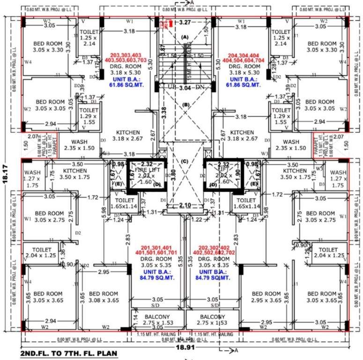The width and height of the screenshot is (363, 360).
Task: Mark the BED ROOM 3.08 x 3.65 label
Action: point(104,297)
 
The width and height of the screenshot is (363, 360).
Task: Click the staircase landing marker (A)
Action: point(185,37)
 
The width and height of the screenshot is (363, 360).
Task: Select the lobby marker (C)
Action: point(185,162)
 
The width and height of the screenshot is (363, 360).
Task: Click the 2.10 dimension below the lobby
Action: point(185,205)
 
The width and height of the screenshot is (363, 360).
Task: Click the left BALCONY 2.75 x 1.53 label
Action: point(157,320)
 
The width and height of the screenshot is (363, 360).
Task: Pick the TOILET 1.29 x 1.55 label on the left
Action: point(89,116)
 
